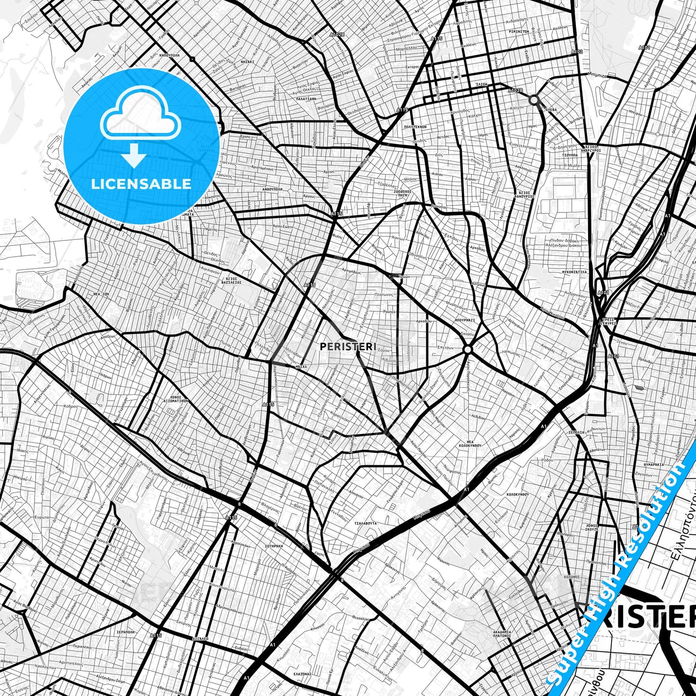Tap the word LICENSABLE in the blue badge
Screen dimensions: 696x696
(141, 184)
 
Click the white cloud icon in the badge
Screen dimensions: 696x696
(140, 117)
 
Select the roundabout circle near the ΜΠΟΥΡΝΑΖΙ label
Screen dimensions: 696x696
(467, 349)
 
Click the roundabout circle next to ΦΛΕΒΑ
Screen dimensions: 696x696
(534, 100)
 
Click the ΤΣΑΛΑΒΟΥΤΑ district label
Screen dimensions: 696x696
(365, 523)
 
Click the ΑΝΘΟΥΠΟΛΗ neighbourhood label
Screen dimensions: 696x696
(272, 189)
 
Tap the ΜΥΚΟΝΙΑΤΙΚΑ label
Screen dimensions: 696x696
(575, 272)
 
